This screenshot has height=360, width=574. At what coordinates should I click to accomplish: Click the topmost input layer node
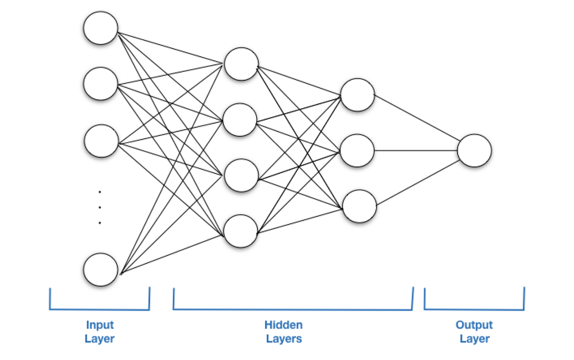coord(100,28)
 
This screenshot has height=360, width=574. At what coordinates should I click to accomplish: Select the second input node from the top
coord(100,84)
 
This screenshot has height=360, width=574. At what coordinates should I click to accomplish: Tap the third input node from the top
coord(101,141)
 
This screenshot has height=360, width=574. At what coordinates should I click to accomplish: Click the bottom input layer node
coord(100,270)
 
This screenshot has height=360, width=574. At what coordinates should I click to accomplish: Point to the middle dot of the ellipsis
coord(100,208)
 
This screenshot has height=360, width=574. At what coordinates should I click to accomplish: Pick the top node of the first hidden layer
coord(242,64)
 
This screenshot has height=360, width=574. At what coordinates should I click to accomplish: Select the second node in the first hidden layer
coord(240,120)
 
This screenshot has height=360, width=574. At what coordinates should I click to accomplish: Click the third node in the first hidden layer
coord(241,176)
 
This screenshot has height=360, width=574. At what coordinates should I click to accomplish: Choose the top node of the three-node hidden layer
coord(357,95)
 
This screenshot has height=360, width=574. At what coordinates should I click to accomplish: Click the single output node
coord(474,150)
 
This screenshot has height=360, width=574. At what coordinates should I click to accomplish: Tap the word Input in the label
coord(99,325)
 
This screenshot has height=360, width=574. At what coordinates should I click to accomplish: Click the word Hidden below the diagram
coord(283,325)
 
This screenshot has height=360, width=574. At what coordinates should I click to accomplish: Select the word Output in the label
coord(474,325)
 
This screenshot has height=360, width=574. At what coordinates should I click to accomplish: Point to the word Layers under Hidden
coord(284,339)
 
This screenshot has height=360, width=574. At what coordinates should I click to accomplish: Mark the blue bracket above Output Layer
coord(474,309)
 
